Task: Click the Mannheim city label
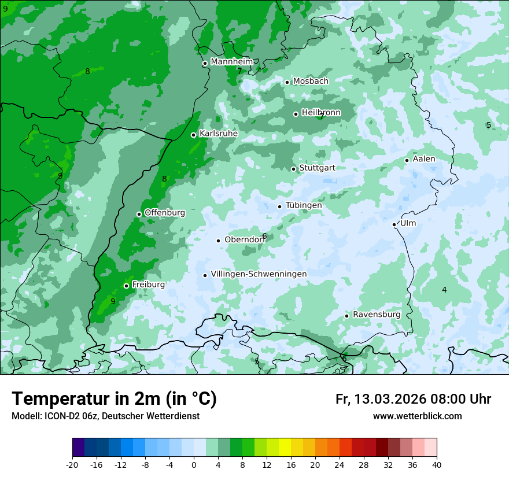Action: pyautogui.click(x=231, y=61)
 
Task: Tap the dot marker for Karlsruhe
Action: pyautogui.click(x=194, y=135)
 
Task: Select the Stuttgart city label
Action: pyautogui.click(x=317, y=168)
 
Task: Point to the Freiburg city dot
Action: pyautogui.click(x=126, y=286)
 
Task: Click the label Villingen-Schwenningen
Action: pyautogui.click(x=259, y=274)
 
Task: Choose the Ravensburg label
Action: pyautogui.click(x=377, y=314)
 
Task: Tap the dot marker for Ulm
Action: pyautogui.click(x=394, y=224)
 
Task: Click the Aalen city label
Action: pyautogui.click(x=424, y=158)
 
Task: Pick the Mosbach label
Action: pyautogui.click(x=311, y=81)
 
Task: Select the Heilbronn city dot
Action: pyautogui.click(x=296, y=114)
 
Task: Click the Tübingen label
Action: pyautogui.click(x=304, y=205)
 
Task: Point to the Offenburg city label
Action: pyautogui.click(x=165, y=212)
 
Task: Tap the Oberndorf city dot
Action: pyautogui.click(x=218, y=241)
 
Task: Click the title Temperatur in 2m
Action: pyautogui.click(x=114, y=399)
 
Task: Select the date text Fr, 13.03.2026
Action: pyautogui.click(x=381, y=399)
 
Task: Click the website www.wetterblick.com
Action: pyautogui.click(x=417, y=416)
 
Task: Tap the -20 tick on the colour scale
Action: pyautogui.click(x=72, y=464)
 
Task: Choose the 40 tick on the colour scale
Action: pyautogui.click(x=437, y=464)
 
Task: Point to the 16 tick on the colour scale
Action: pyautogui.click(x=291, y=464)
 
